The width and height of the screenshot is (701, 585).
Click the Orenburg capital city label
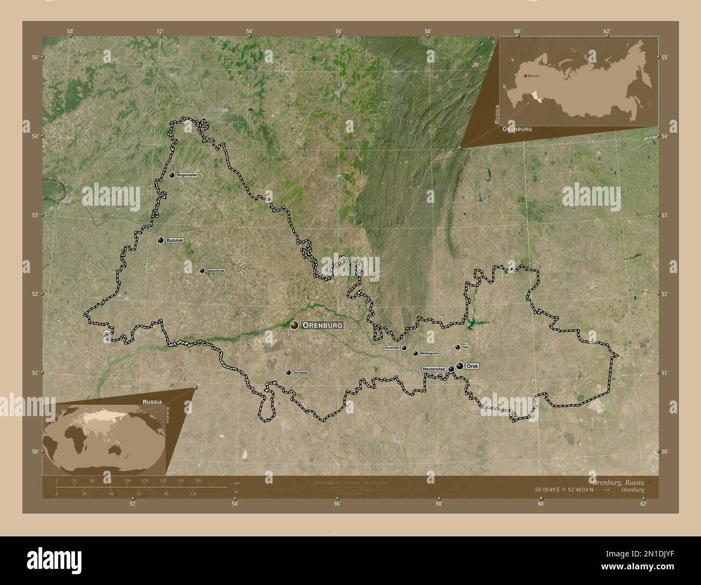click(x=322, y=325)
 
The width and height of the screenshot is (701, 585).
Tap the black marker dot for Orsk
click(x=459, y=366)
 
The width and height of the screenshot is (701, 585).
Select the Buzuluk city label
click(x=175, y=240)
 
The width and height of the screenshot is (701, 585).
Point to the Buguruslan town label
click(x=187, y=175)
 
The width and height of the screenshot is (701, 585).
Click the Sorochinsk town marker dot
click(x=202, y=270)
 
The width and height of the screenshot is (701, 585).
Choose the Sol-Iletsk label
click(x=300, y=373)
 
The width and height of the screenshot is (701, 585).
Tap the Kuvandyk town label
click(x=392, y=348)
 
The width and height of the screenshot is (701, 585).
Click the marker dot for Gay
click(x=457, y=347)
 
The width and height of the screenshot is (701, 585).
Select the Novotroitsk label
click(x=434, y=369)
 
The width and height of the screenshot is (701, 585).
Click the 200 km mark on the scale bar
click(x=198, y=480)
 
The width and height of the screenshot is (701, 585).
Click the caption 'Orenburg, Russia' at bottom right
click(x=617, y=480)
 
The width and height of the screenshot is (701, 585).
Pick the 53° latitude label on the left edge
click(x=34, y=215)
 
